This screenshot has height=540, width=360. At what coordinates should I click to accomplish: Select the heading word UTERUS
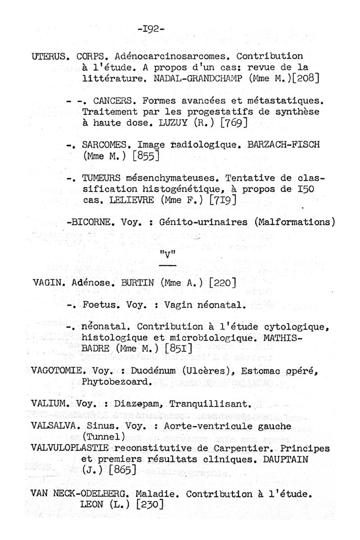point(50,57)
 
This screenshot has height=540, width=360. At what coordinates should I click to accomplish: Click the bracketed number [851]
point(179,348)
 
